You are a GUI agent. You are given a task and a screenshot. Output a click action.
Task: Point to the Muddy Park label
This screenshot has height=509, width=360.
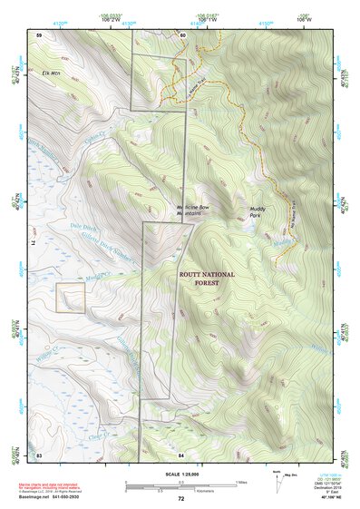click(x=261, y=214)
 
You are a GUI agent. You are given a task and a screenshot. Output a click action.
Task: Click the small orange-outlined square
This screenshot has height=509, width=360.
click(x=71, y=298)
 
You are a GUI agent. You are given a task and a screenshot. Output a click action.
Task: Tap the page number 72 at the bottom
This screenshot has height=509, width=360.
click(x=180, y=499)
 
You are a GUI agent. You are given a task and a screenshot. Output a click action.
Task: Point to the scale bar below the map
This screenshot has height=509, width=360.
click(x=180, y=485)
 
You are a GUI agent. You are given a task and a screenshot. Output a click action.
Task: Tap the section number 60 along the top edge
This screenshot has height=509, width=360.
click(x=181, y=35)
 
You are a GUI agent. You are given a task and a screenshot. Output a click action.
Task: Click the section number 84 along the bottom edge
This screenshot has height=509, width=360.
click(x=181, y=453)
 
